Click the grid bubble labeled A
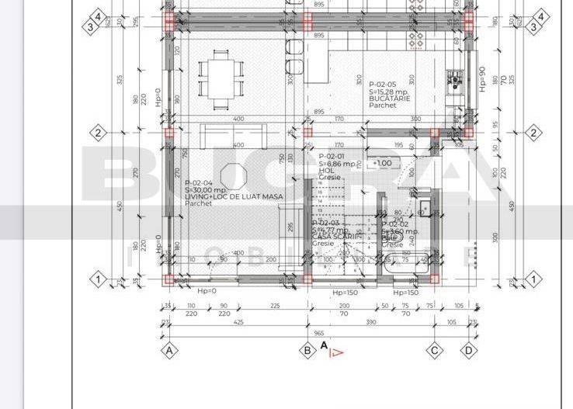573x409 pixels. (168, 350)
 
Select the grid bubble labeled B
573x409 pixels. (307, 350)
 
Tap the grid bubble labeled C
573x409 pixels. (435, 350)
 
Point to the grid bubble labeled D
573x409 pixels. (469, 350)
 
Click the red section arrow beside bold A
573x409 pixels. (335, 352)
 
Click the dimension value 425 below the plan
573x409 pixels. (238, 321)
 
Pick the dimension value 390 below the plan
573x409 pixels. (371, 321)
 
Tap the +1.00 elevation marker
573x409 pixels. (383, 163)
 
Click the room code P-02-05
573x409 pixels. (383, 84)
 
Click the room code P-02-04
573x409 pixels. (199, 183)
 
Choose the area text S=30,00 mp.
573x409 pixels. (205, 190)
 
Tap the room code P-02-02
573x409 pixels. (394, 224)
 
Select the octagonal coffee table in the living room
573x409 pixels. (234, 175)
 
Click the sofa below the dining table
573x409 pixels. (233, 136)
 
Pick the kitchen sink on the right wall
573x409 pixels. (453, 79)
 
